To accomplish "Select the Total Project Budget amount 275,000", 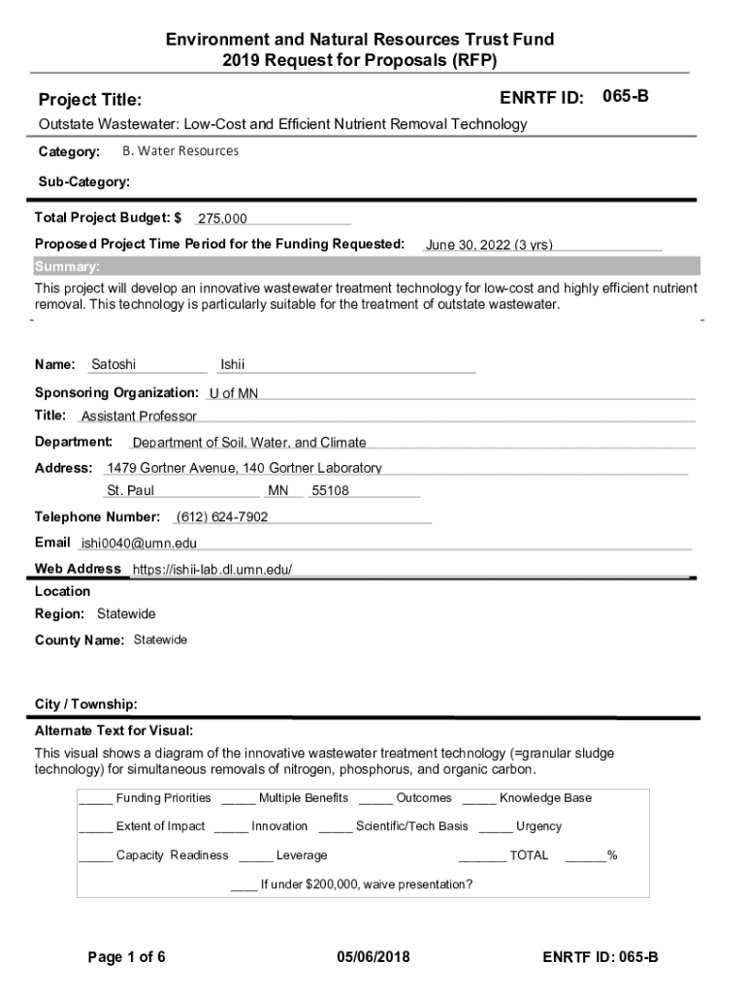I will point(222,219).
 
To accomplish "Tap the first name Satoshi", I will point(114,365).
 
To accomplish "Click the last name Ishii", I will point(233,365).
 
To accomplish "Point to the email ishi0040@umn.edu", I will point(139,544).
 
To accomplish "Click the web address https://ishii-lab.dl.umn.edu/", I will point(211,569).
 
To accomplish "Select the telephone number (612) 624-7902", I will point(222,516).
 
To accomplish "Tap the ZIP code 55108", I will point(330,491).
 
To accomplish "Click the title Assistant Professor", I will point(139,416).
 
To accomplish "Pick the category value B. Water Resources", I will point(179,151).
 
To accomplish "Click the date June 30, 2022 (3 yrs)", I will point(489,245).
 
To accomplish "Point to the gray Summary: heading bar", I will point(366,267).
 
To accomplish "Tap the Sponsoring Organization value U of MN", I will point(234,393).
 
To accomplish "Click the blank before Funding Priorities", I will point(95,800).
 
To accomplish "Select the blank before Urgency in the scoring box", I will point(495,828).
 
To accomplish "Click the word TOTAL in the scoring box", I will point(529,855).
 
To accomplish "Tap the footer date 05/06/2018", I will point(373,957).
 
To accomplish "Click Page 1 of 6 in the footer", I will point(127,957).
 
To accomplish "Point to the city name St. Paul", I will point(131,491).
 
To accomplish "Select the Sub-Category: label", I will point(84,182).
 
